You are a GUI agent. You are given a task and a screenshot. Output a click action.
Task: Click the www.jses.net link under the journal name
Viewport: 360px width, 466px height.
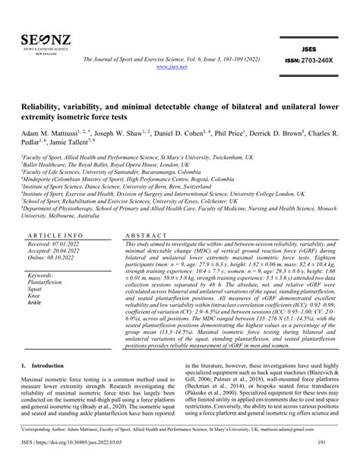pyautogui.click(x=180, y=66)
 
